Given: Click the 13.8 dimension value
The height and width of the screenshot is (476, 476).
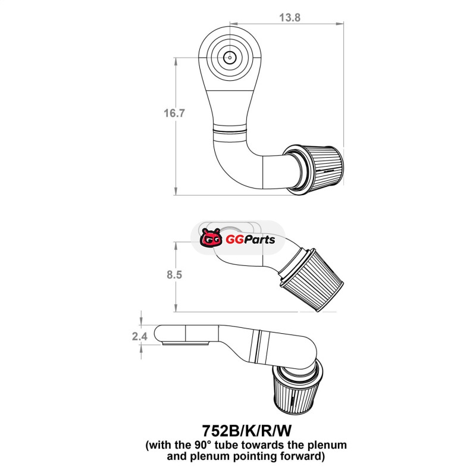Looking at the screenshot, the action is coord(290,17).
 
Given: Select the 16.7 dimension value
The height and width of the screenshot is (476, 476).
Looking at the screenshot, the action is coord(174,113).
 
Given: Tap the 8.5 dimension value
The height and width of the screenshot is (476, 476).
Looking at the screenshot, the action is coord(174,274).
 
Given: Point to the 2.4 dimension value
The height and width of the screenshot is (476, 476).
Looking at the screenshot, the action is coord(140,336).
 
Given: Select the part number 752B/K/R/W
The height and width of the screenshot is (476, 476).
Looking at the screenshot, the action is coord(246,430).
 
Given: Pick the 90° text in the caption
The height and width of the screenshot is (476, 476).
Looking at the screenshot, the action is coord(201,445).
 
